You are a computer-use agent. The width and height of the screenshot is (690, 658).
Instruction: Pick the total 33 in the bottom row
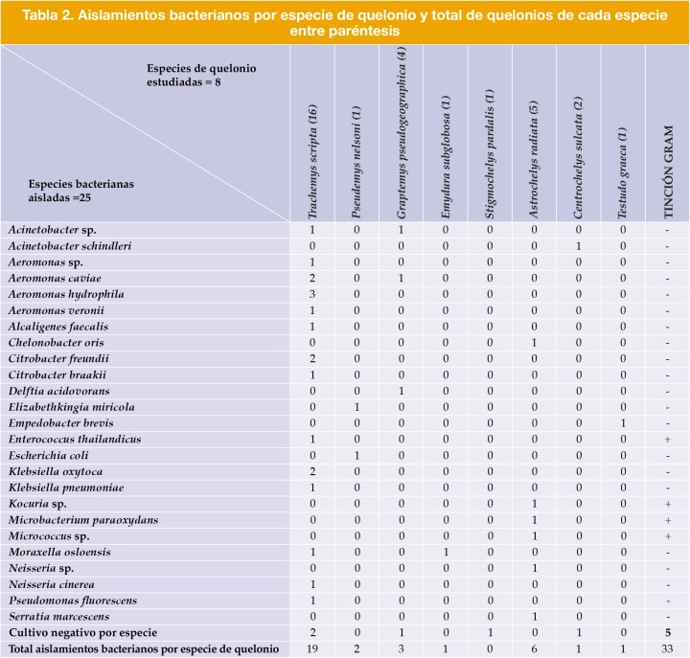(665, 648)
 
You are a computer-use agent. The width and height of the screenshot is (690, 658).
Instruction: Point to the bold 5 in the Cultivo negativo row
(665, 633)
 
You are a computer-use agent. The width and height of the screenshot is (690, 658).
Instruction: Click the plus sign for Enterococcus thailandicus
(665, 439)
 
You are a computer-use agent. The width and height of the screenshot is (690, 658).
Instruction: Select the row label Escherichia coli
(55, 455)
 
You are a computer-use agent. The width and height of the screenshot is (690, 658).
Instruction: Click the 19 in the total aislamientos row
(311, 648)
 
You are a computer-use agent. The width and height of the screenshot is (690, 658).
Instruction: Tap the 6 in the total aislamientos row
(534, 648)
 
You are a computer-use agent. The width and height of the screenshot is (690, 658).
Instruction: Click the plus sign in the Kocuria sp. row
(665, 504)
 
